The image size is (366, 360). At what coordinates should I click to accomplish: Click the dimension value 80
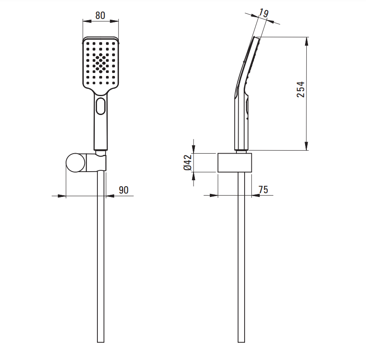coord(100,15)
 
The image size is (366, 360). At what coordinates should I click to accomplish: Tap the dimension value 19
coord(263,13)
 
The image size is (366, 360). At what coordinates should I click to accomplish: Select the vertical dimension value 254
coord(301,89)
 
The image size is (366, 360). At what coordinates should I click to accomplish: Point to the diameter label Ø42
coord(188,163)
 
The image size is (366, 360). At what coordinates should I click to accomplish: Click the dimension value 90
coord(124,190)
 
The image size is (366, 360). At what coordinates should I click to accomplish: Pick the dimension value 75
coord(263,190)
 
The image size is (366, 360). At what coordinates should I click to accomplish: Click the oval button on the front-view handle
coord(100,106)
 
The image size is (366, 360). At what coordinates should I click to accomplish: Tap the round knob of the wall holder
coord(76,163)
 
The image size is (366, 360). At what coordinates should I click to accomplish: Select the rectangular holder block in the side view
coord(235,163)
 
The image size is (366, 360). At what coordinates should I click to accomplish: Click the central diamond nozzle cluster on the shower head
coord(100,63)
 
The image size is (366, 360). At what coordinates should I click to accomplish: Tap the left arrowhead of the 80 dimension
coord(87,21)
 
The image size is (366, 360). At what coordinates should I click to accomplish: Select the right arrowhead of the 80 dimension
coord(115,21)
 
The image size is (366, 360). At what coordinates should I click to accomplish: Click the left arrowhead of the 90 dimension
coord(62,196)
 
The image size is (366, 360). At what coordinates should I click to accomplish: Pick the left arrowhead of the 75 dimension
coord(214,195)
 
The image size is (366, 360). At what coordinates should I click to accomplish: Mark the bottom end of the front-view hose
coord(100,342)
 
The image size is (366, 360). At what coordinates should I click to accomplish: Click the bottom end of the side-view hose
coord(242,342)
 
